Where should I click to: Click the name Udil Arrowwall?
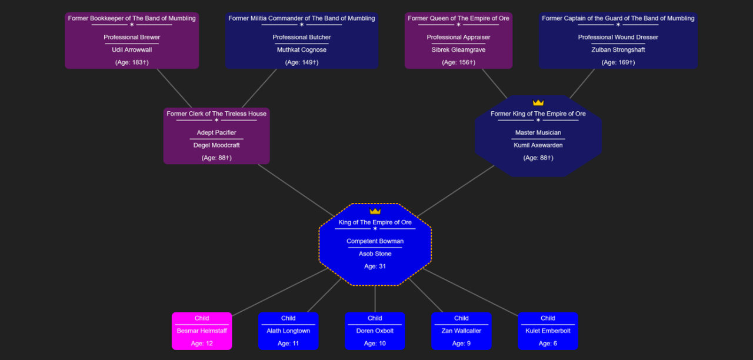point(132,50)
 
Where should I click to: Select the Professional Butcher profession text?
point(302,37)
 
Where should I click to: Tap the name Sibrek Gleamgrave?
point(458,50)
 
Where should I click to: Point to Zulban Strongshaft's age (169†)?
point(618,62)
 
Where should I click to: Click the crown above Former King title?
point(538,102)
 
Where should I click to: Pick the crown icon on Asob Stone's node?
point(375,211)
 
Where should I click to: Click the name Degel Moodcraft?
point(216,145)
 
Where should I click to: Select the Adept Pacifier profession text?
point(216,132)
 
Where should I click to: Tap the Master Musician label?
point(538,132)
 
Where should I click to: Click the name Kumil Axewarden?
point(538,145)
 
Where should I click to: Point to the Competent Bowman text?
point(375,241)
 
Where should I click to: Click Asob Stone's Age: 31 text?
point(375,266)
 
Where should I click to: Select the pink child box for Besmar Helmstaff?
point(202,331)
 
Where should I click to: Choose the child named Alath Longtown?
point(288,331)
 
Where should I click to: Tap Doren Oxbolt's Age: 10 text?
point(375,344)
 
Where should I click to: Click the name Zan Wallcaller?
point(461,331)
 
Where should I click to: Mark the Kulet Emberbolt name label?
point(548,331)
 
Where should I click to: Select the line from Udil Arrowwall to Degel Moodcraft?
point(174,88)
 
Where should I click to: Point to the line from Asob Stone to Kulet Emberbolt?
point(471,292)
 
